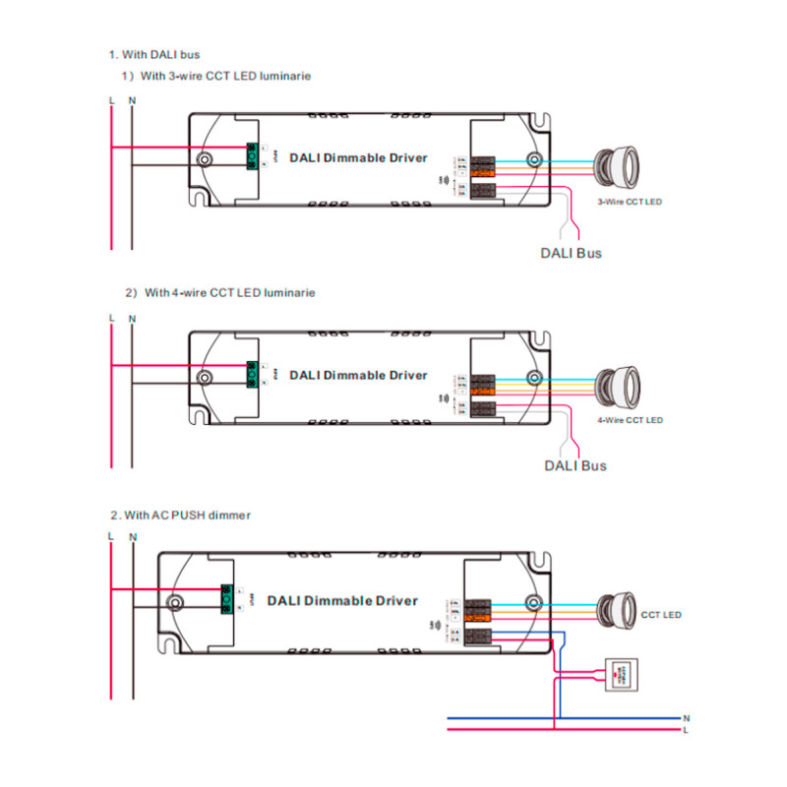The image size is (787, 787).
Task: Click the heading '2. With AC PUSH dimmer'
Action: [x=180, y=515]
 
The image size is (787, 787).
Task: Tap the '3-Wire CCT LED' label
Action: [x=630, y=202]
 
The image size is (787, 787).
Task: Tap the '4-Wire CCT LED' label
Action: [x=631, y=420]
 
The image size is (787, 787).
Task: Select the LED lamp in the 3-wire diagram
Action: [x=618, y=163]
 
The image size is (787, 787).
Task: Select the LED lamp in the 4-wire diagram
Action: [x=618, y=382]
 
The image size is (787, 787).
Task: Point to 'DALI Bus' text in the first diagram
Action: [x=571, y=253]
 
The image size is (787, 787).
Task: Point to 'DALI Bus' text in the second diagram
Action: [x=575, y=465]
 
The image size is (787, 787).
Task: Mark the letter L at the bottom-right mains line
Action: [x=686, y=730]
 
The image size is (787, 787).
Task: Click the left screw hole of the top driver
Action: [x=205, y=159]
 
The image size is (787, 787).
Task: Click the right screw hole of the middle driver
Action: [x=534, y=378]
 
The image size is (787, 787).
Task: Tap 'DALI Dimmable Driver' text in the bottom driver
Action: [x=341, y=600]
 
